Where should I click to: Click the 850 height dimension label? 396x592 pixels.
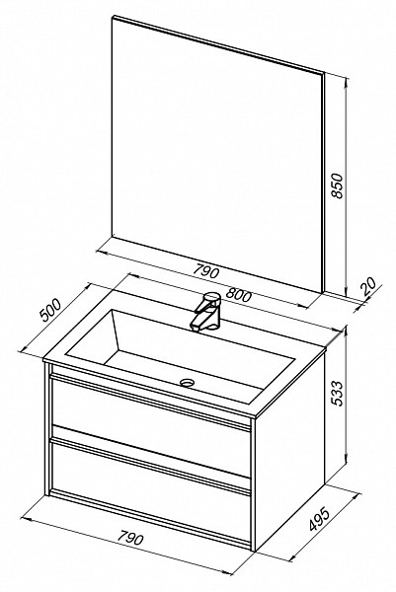click(337, 185)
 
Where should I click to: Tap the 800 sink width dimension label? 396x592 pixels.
click(240, 294)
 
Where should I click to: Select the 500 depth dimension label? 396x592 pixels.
click(50, 310)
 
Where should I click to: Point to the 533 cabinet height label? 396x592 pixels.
click(337, 393)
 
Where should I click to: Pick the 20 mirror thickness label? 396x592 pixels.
click(368, 287)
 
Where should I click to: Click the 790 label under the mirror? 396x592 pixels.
click(206, 270)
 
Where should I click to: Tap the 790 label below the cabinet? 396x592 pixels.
click(130, 537)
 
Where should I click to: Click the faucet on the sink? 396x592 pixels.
click(206, 311)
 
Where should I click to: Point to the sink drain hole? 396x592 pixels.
click(187, 383)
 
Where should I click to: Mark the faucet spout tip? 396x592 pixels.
click(195, 329)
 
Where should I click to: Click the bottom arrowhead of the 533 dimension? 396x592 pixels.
click(346, 462)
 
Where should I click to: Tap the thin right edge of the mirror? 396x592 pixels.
click(324, 182)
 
